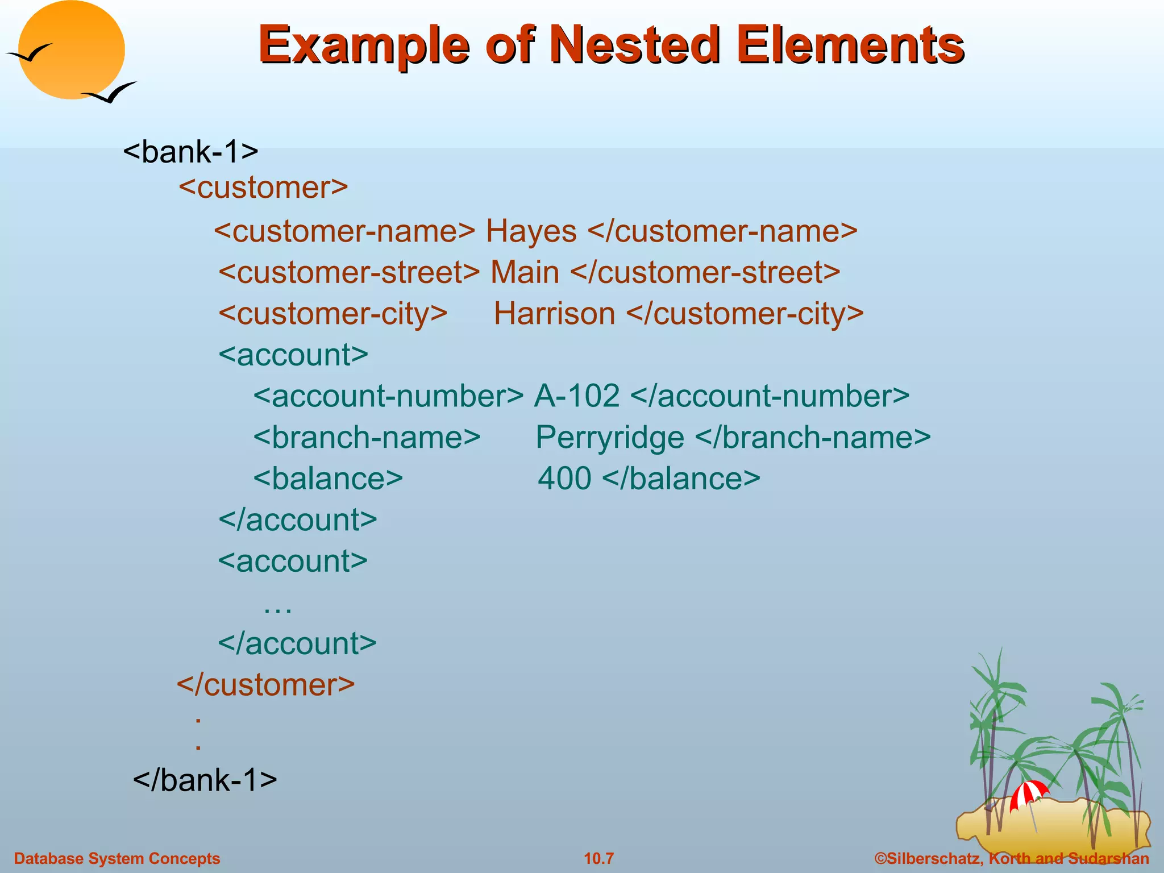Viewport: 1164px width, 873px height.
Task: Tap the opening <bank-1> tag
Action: (x=191, y=152)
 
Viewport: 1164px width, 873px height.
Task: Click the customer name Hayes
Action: (x=531, y=231)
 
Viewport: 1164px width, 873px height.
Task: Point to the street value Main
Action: (x=525, y=272)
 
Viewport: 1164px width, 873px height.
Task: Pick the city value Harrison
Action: (x=554, y=314)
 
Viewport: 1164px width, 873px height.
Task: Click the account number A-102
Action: (x=576, y=396)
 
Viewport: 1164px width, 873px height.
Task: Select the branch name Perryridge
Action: (x=609, y=438)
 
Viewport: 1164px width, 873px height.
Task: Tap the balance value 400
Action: (x=564, y=479)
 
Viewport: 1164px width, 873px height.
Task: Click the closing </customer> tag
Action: (x=266, y=684)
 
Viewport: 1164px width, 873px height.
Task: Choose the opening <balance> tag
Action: (x=328, y=479)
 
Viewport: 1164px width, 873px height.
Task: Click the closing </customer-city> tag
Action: (x=745, y=314)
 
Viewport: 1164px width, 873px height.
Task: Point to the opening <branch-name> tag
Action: (x=367, y=438)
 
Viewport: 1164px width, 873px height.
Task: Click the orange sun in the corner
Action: (x=71, y=48)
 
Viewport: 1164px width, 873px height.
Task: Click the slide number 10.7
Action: (x=599, y=858)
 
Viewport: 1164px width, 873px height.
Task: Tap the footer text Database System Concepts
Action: (x=117, y=858)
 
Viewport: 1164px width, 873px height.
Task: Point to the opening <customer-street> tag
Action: (x=349, y=272)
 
